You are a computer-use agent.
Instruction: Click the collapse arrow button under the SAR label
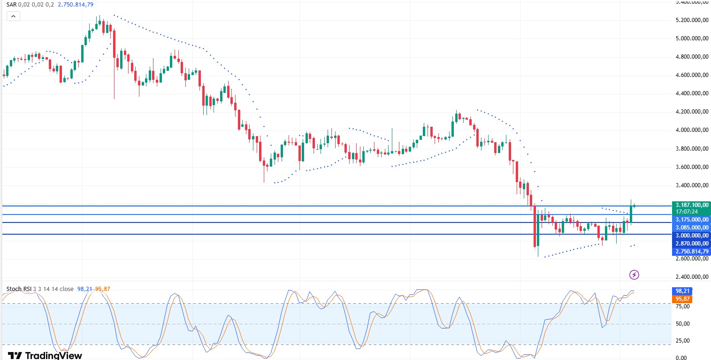click(13, 16)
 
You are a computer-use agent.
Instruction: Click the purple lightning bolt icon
click(634, 275)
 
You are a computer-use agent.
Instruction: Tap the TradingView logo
click(45, 355)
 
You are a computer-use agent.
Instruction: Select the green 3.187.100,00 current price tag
click(691, 205)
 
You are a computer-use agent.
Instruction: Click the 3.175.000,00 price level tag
click(691, 219)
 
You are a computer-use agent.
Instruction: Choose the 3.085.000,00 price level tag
click(691, 227)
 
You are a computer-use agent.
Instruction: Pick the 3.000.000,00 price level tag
click(691, 235)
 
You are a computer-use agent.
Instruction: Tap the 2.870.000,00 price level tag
click(691, 243)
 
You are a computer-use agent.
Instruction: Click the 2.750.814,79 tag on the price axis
click(691, 251)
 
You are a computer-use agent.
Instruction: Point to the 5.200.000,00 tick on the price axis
click(691, 20)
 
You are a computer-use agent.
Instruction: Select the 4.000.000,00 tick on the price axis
click(691, 130)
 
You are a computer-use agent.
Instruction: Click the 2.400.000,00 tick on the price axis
click(691, 277)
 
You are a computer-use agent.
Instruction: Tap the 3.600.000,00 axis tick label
click(691, 167)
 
